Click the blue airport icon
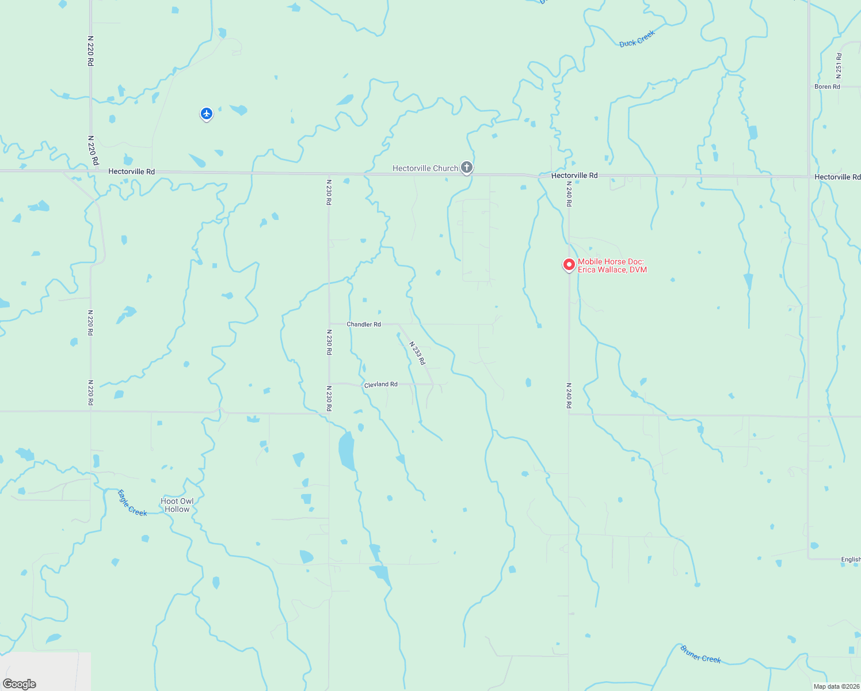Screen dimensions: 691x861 pyautogui.click(x=207, y=113)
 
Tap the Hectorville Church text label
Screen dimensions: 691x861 pyautogui.click(x=425, y=168)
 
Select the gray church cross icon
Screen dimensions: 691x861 pyautogui.click(x=467, y=168)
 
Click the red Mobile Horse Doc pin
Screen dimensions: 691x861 pyautogui.click(x=569, y=264)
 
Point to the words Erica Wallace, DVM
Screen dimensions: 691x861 pyautogui.click(x=612, y=269)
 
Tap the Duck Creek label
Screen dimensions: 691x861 pyautogui.click(x=637, y=39)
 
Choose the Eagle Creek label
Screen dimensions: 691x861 pyautogui.click(x=132, y=503)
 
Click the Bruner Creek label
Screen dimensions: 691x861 pyautogui.click(x=700, y=654)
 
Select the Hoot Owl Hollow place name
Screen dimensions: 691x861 pyautogui.click(x=177, y=505)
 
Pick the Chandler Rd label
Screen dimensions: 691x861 pyautogui.click(x=364, y=324)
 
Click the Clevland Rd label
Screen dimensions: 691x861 pyautogui.click(x=381, y=384)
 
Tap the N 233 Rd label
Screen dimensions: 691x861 pyautogui.click(x=417, y=353)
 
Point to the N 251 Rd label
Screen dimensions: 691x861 pyautogui.click(x=839, y=66)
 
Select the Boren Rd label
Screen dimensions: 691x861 pyautogui.click(x=827, y=86)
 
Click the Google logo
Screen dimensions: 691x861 pyautogui.click(x=20, y=684)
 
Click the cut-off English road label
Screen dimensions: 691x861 pyautogui.click(x=851, y=559)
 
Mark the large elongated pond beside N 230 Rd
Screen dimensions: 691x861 pyautogui.click(x=346, y=451)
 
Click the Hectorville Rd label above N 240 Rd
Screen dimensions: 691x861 pyautogui.click(x=574, y=176)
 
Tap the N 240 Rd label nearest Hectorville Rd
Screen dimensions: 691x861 pyautogui.click(x=569, y=194)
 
